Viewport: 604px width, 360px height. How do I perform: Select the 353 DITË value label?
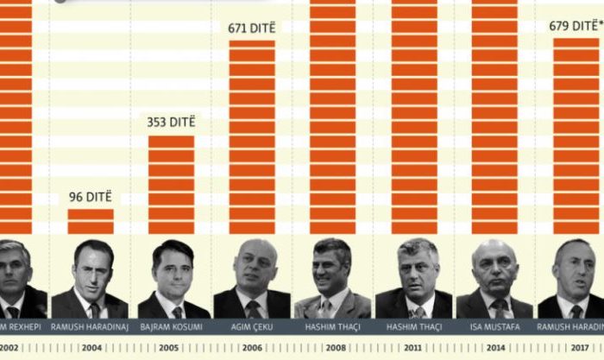point(171,122)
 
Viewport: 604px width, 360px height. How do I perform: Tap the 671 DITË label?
point(251,28)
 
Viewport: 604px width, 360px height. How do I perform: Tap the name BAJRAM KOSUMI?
point(172,328)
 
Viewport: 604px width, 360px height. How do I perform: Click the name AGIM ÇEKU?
point(251,328)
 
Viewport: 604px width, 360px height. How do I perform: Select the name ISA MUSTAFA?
point(494,328)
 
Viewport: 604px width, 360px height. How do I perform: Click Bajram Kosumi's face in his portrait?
point(173,269)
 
